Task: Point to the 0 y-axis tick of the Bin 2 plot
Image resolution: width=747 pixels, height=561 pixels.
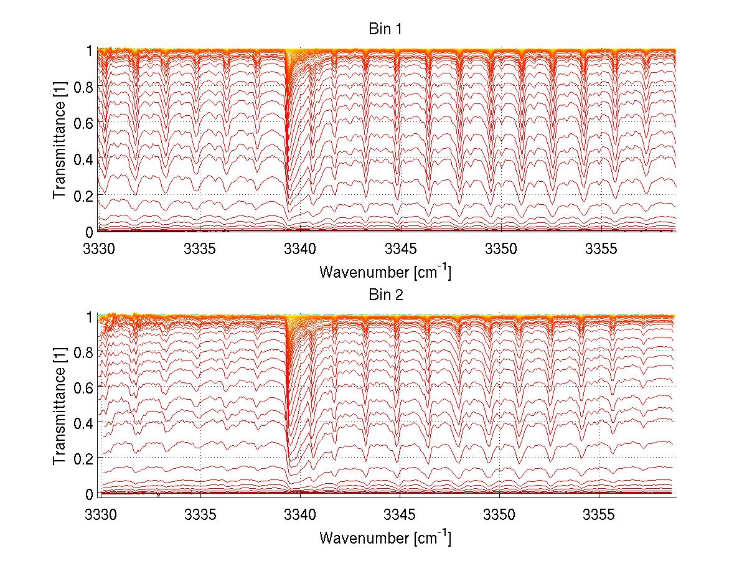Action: pyautogui.click(x=90, y=494)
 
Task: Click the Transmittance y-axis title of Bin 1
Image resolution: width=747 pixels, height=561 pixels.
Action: pyautogui.click(x=60, y=141)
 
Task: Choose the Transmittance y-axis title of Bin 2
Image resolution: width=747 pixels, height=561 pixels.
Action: pyautogui.click(x=60, y=405)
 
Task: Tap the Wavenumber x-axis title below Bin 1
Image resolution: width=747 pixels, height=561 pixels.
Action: pyautogui.click(x=385, y=272)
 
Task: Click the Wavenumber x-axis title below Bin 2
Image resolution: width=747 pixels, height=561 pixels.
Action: pyautogui.click(x=385, y=537)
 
